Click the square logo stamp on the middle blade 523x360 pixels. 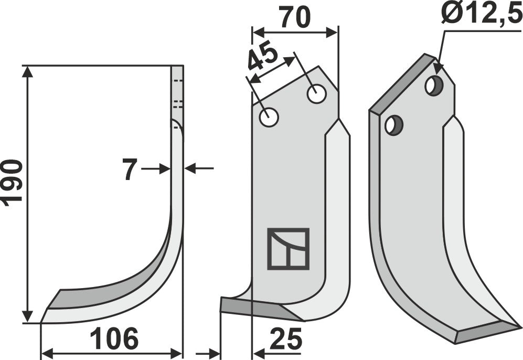pos(288,249)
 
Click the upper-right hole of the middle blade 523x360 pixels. pos(316,94)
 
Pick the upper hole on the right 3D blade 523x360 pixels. pos(433,85)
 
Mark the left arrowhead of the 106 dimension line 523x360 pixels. pos(47,352)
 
